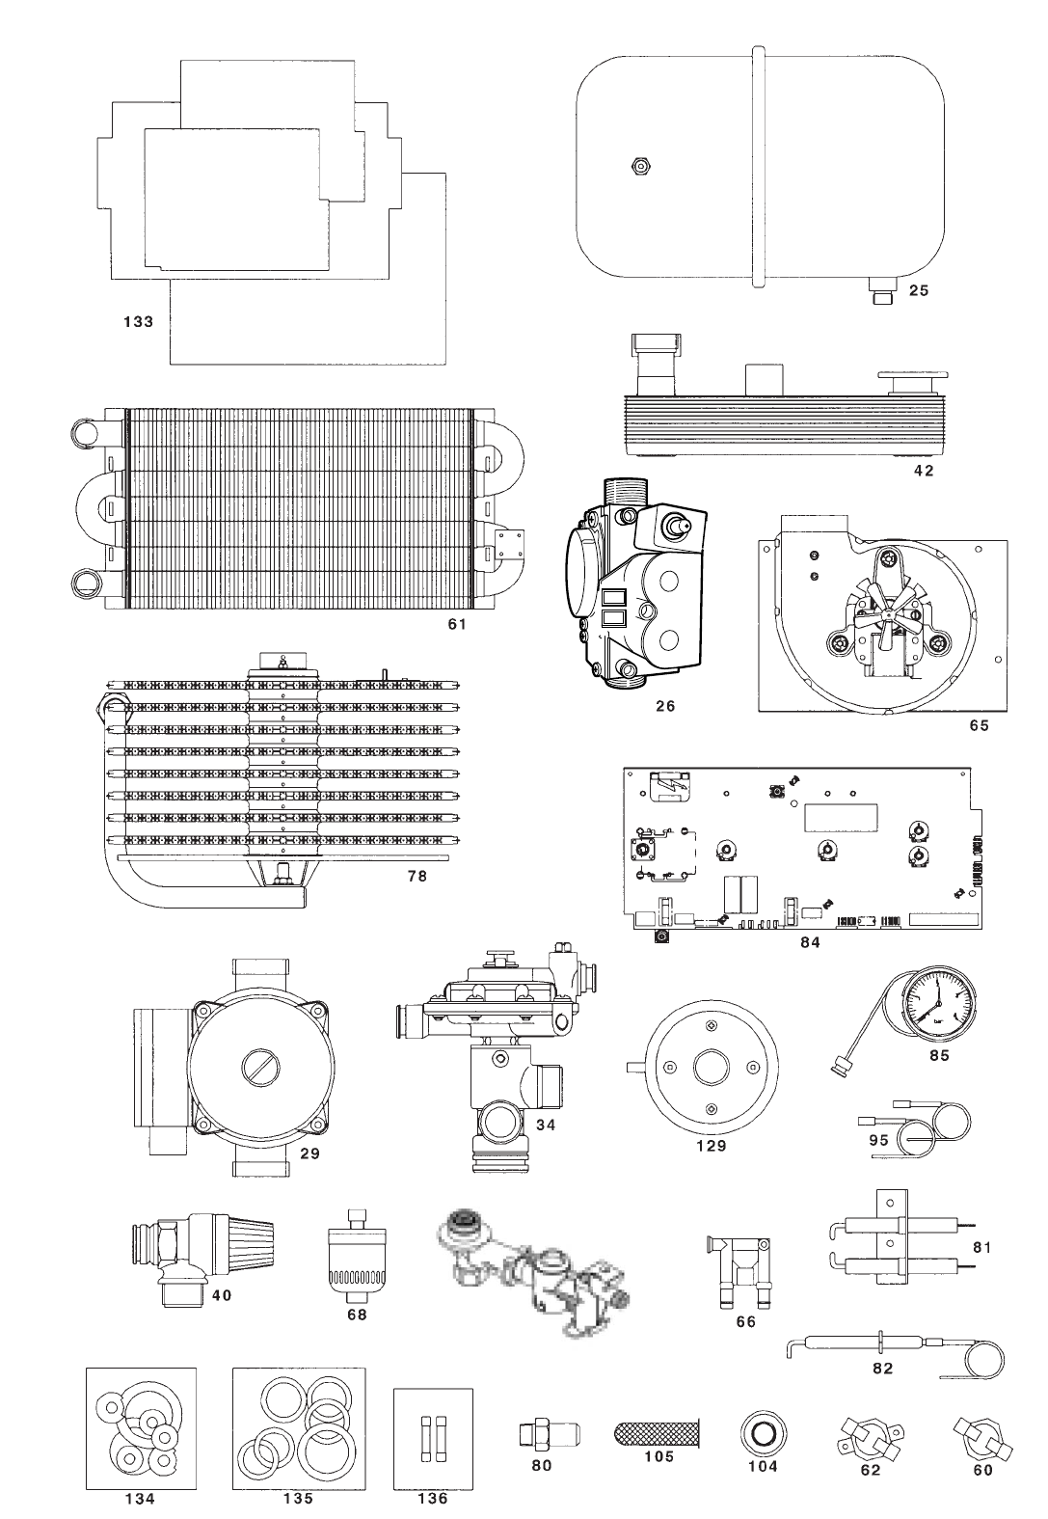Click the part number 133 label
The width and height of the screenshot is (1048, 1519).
click(x=138, y=321)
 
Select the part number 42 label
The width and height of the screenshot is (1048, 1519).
click(x=924, y=471)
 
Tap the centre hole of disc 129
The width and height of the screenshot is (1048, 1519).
click(x=712, y=1067)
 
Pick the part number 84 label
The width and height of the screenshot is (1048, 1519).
click(x=810, y=942)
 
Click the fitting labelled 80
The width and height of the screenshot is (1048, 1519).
click(x=541, y=1433)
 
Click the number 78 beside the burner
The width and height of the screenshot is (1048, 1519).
click(x=417, y=876)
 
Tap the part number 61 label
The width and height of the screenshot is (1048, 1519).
click(x=458, y=624)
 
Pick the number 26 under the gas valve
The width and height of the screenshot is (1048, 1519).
click(x=665, y=706)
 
